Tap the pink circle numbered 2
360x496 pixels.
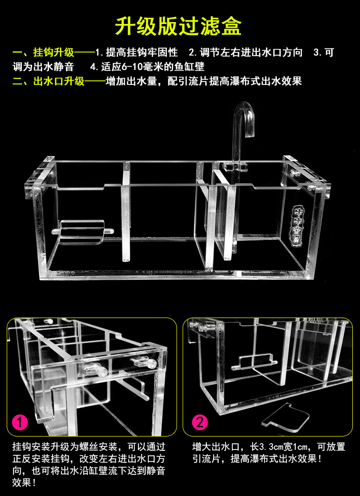point(200,423)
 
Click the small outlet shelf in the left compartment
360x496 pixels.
point(83,230)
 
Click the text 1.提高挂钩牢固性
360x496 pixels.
point(136,52)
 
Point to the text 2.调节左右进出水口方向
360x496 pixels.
point(245,52)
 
